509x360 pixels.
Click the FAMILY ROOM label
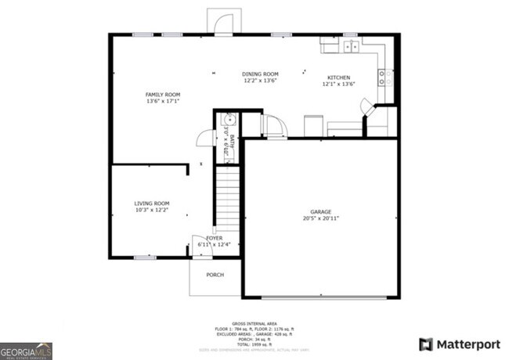162,94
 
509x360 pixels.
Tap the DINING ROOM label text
260,74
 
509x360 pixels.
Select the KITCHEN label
339,77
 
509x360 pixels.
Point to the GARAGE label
320,211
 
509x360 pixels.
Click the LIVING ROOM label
152,203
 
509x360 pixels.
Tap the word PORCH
215,275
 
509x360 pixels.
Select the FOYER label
214,238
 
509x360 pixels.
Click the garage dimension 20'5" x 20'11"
320,218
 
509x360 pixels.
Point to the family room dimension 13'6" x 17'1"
162,101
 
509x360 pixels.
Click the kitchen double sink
349,46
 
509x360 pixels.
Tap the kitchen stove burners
384,77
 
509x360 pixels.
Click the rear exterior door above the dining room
220,23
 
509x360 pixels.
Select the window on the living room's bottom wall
144,257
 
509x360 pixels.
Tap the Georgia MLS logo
26,350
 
